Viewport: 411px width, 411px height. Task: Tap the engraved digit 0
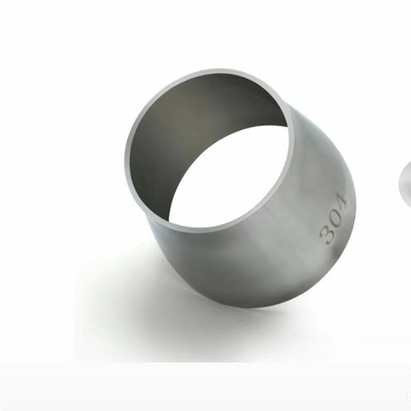[x=335, y=218]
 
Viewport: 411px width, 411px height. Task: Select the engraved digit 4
[x=341, y=202]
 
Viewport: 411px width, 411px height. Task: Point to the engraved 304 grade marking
[x=333, y=219]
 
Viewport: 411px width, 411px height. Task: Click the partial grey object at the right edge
[x=405, y=184]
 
